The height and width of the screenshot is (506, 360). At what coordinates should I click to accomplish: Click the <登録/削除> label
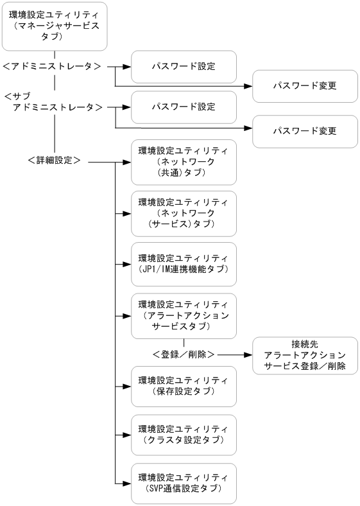coord(184,353)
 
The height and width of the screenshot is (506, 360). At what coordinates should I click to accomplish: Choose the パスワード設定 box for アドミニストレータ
coord(184,66)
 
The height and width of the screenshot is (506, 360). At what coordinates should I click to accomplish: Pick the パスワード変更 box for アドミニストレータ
coord(304,85)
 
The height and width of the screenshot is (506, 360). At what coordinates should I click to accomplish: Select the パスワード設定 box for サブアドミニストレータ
coord(184,107)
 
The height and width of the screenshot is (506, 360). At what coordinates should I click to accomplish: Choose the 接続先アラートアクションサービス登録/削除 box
coord(304,355)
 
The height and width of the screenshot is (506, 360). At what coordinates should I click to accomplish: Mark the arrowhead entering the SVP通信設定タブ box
coord(127,483)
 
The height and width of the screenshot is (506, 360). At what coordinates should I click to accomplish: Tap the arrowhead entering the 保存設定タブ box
coord(127,386)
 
